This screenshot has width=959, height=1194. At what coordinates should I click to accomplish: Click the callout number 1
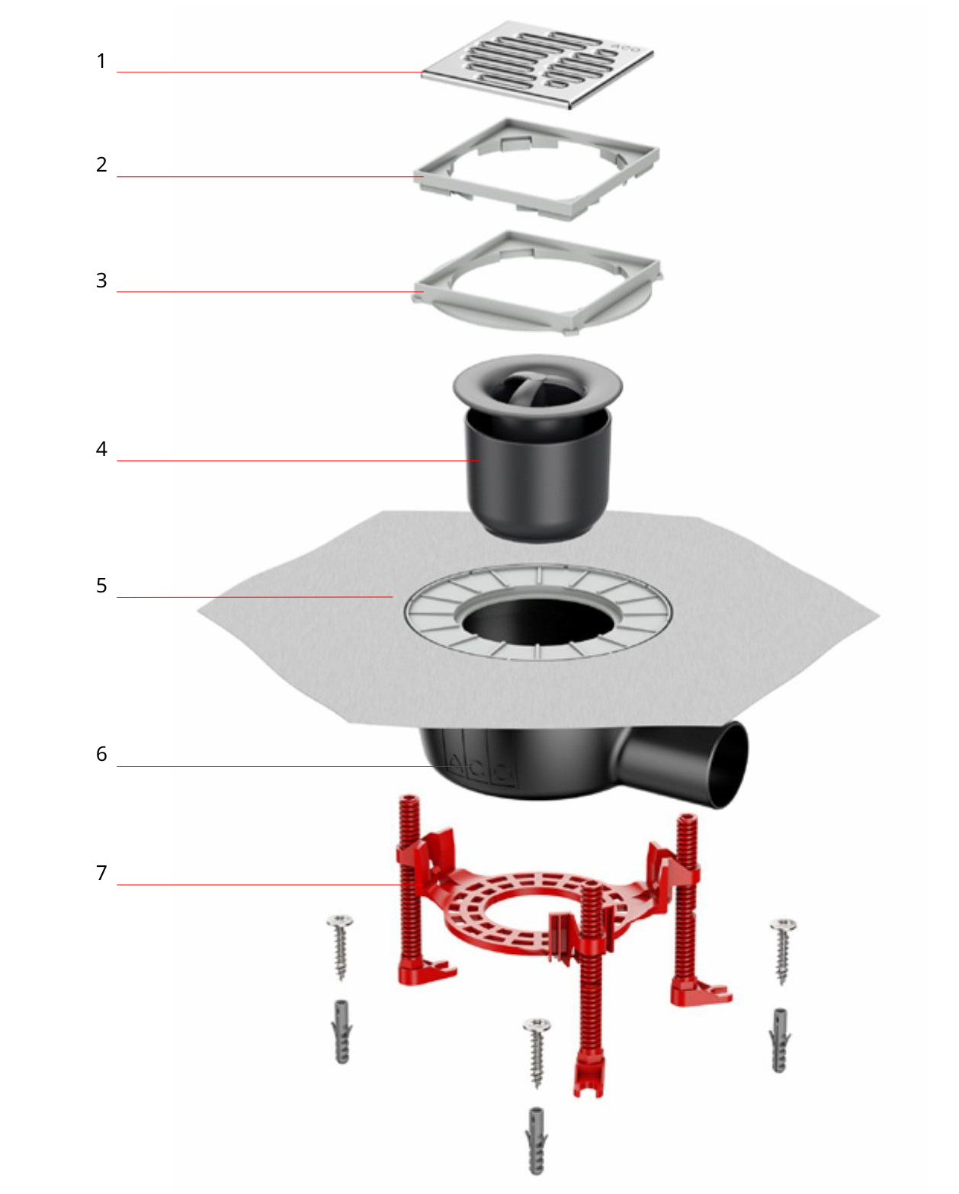101,61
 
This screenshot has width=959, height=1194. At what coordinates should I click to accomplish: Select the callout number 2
101,165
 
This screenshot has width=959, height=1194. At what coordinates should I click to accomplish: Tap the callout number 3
101,281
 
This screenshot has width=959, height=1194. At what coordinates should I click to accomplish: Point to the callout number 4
101,449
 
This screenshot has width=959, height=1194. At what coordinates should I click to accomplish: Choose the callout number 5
101,586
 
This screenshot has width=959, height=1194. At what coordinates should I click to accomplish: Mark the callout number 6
101,754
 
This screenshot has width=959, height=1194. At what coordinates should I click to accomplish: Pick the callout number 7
101,873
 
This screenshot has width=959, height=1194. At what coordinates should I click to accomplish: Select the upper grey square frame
537,169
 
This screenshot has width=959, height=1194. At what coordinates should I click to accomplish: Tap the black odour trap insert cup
537,473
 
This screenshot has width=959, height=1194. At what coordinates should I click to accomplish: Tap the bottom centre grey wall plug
536,1141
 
